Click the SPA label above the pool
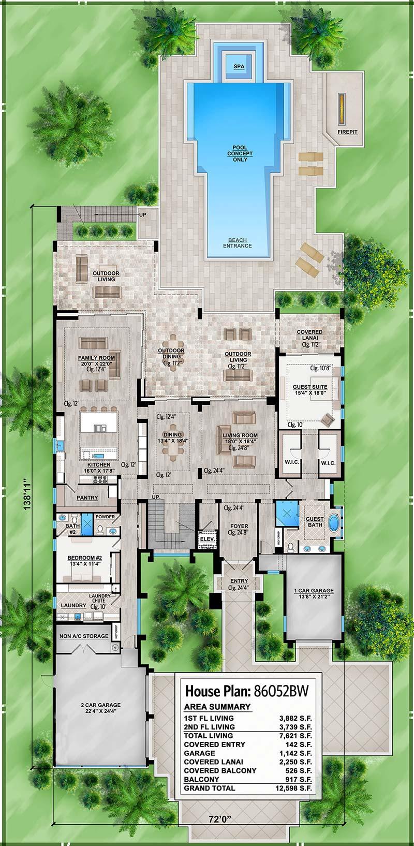click(239, 67)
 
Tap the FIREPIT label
click(347, 133)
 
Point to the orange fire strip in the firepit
click(342, 109)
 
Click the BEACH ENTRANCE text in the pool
click(239, 243)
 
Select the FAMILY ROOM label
click(96, 358)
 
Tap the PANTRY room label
click(87, 498)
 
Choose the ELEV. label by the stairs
click(208, 538)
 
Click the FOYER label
click(239, 527)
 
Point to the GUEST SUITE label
click(310, 387)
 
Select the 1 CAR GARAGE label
click(314, 591)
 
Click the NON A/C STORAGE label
click(84, 636)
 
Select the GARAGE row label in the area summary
click(199, 753)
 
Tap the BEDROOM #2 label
click(84, 559)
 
